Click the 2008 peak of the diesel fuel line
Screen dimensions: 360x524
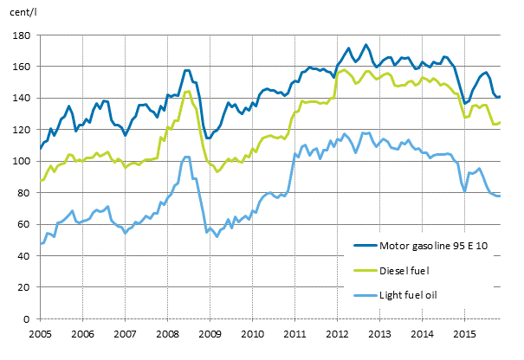188,91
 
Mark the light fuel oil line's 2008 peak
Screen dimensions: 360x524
186,157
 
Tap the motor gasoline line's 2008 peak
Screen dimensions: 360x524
187,70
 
